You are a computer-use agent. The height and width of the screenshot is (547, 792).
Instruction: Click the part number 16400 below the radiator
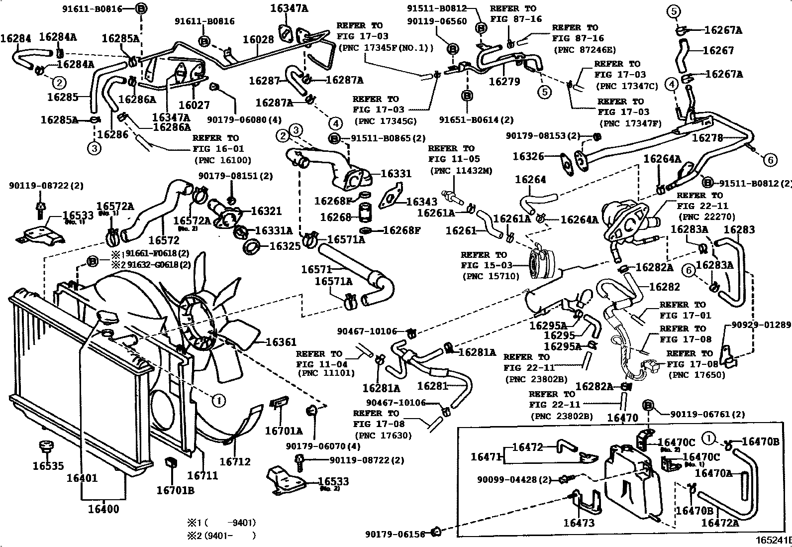click(x=103, y=509)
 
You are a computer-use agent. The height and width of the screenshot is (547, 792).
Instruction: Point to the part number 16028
click(x=258, y=40)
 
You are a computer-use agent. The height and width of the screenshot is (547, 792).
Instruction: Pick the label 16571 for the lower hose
click(x=316, y=269)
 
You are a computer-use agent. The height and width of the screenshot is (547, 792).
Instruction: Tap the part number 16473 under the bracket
click(x=579, y=523)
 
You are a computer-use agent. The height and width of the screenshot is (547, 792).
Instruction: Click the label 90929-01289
click(x=761, y=325)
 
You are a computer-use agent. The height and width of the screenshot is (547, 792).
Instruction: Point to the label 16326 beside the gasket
click(x=528, y=157)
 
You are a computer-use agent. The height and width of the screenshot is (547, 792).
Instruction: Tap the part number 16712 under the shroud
click(x=235, y=462)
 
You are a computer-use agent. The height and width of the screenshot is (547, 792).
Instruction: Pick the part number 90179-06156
click(x=395, y=534)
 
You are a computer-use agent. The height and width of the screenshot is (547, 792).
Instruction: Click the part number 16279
click(x=504, y=82)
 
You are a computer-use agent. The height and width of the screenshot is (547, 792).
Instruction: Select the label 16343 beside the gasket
click(x=421, y=202)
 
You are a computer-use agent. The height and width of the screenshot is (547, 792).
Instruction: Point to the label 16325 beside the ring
click(x=285, y=246)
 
